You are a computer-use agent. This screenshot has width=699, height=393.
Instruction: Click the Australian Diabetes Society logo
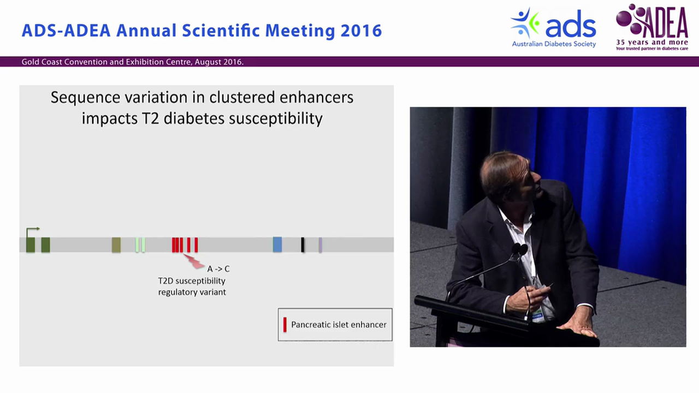[x=553, y=27]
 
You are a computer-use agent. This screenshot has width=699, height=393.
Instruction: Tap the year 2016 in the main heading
[x=361, y=31]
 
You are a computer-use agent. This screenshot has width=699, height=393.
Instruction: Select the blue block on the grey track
[x=277, y=245]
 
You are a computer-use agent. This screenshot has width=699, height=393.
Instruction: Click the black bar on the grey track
[x=303, y=245]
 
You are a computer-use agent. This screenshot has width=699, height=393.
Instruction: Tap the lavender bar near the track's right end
[x=321, y=245]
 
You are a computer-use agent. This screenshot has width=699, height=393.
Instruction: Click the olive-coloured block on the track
[x=116, y=245]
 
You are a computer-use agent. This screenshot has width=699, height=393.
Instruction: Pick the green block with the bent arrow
[x=31, y=243]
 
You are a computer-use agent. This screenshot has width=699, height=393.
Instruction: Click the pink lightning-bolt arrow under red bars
[x=194, y=261]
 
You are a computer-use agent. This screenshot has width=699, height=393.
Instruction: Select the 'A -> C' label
[x=218, y=269]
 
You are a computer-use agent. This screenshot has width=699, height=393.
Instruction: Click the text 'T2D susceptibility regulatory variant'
[x=192, y=287]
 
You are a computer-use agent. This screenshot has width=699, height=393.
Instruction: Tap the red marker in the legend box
[x=285, y=324]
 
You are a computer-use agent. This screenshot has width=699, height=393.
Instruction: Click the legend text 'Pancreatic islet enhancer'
[x=339, y=325]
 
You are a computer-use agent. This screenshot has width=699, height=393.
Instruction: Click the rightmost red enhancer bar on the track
[x=196, y=245]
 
